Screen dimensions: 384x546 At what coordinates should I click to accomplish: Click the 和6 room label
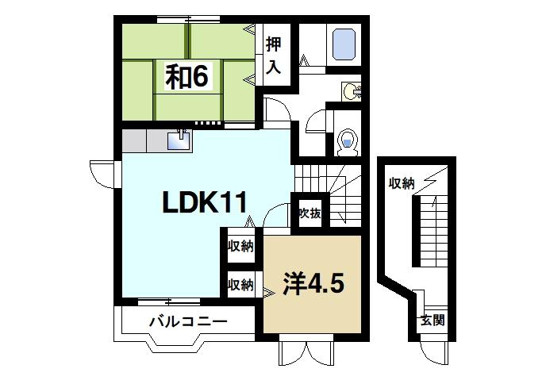(186, 76)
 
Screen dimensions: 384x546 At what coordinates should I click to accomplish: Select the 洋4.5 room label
(313, 283)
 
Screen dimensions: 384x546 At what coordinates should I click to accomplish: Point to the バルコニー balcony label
(188, 323)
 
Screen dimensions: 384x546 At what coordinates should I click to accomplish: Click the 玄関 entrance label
(432, 321)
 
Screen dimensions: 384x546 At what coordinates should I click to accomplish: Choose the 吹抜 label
(309, 213)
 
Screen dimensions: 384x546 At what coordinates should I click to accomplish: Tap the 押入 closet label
(274, 56)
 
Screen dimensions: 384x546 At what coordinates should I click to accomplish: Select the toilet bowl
(346, 144)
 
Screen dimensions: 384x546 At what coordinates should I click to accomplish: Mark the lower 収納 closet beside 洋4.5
(240, 283)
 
